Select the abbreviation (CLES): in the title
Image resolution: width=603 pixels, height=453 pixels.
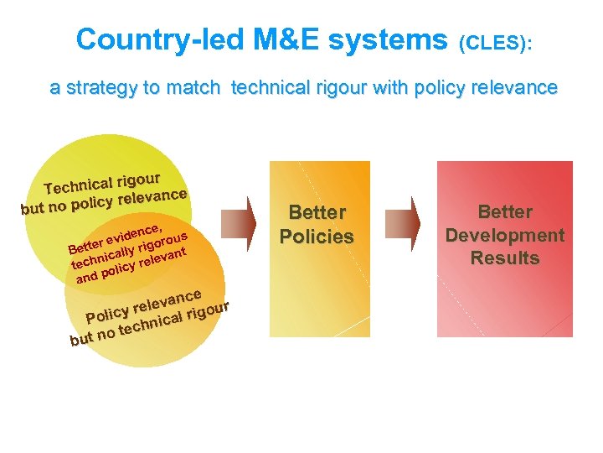point(495,42)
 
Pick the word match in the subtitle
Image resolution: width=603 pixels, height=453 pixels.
point(198,87)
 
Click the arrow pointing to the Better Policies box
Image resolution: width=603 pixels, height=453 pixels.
point(243,222)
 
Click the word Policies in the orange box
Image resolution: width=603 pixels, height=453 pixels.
point(317,237)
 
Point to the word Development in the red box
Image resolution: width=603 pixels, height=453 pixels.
point(504,235)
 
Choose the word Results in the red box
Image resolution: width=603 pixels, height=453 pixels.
point(504,258)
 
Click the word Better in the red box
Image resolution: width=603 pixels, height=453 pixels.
point(504,212)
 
